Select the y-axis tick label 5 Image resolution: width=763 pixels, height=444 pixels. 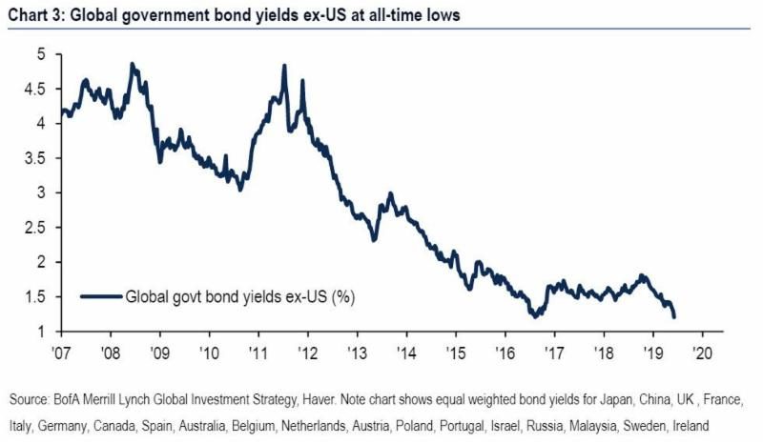[40, 54]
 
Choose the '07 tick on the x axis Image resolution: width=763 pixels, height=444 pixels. [63, 351]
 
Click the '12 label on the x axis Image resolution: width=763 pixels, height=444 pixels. [308, 351]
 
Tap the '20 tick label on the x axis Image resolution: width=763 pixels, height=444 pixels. [703, 351]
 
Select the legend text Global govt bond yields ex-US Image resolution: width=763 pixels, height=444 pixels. [233, 296]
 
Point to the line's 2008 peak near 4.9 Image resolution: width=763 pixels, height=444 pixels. [132, 64]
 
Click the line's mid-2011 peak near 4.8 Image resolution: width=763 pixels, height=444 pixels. [284, 66]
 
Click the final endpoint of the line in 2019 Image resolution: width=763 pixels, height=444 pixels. [674, 317]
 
